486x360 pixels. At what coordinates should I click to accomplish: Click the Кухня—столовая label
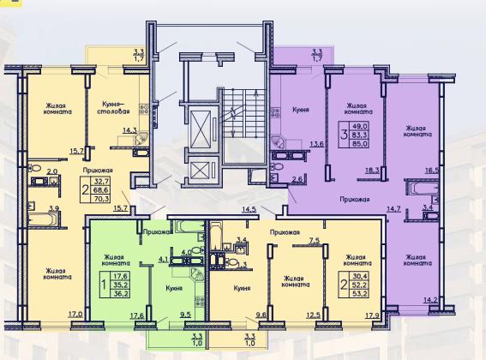tap(113, 106)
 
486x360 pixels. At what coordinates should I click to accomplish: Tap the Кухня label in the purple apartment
tap(300, 110)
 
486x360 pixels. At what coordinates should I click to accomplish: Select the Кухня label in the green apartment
tap(173, 288)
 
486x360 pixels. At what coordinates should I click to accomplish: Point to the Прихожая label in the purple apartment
tap(355, 199)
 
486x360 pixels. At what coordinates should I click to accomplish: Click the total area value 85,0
tap(359, 143)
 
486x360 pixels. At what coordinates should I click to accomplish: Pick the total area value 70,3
tap(101, 199)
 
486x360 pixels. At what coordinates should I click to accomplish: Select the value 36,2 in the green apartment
tap(121, 293)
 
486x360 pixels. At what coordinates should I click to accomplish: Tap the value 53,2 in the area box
tap(360, 293)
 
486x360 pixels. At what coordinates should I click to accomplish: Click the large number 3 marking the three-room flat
tap(344, 135)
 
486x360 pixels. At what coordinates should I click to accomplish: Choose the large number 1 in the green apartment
tap(105, 284)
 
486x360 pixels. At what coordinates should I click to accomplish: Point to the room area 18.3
tap(372, 171)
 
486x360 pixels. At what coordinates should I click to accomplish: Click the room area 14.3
tap(129, 130)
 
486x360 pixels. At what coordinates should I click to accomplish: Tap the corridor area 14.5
tap(249, 209)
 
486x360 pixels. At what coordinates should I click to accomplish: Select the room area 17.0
tap(75, 315)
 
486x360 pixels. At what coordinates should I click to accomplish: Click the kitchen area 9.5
tap(185, 315)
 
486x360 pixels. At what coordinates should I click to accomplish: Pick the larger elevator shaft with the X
tap(201, 128)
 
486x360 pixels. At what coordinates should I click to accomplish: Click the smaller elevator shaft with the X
tap(201, 171)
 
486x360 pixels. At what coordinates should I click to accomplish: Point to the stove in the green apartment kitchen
tap(200, 300)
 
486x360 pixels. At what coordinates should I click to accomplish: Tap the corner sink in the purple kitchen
tap(278, 141)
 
